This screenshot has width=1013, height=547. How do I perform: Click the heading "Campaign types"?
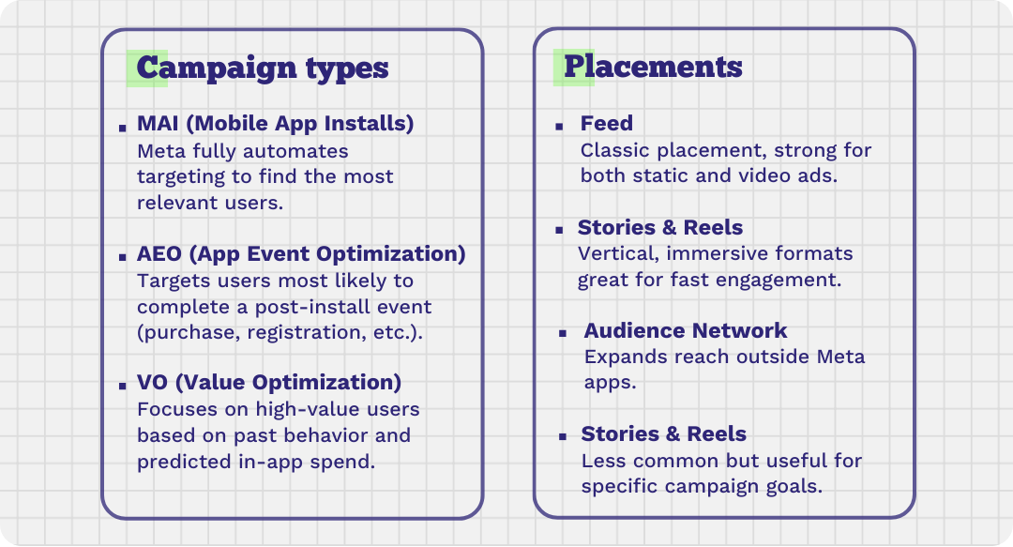pos(263,68)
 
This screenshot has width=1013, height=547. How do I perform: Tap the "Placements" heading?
pos(653,68)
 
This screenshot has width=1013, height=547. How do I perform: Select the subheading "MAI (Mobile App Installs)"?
pos(275,124)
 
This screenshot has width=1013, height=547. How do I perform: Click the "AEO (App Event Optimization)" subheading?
pos(301,253)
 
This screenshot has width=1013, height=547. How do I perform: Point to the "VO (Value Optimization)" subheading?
pos(269,382)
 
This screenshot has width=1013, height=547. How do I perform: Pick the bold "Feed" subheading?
pos(607,123)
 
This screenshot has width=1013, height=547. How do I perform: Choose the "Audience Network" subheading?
pos(686,330)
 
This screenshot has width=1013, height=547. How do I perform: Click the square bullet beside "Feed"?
pos(559,127)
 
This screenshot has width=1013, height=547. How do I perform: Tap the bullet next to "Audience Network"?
pos(563,334)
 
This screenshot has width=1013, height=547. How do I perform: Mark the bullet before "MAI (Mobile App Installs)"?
pos(123,128)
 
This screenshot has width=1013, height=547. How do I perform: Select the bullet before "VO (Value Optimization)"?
pos(123,386)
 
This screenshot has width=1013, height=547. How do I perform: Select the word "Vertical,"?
pos(618,254)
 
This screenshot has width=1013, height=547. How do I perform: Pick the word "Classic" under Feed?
pos(615,151)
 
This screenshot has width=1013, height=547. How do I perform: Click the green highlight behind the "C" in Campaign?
pos(147,68)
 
